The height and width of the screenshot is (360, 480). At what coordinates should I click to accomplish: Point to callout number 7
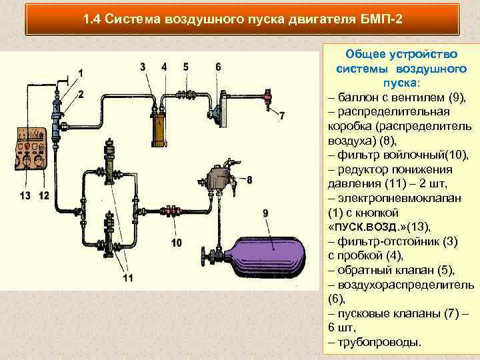281,116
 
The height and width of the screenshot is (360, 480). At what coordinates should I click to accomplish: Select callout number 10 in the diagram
176,243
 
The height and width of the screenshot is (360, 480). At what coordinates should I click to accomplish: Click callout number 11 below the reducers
127,277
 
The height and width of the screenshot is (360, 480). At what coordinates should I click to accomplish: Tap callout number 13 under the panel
25,195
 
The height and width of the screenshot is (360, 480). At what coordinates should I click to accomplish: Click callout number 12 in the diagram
44,195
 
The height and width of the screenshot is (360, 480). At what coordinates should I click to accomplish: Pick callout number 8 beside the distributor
249,179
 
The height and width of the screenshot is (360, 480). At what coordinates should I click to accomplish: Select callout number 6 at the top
218,66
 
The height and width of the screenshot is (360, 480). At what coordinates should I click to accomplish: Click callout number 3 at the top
143,66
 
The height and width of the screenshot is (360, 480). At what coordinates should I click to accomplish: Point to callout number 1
81,72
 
